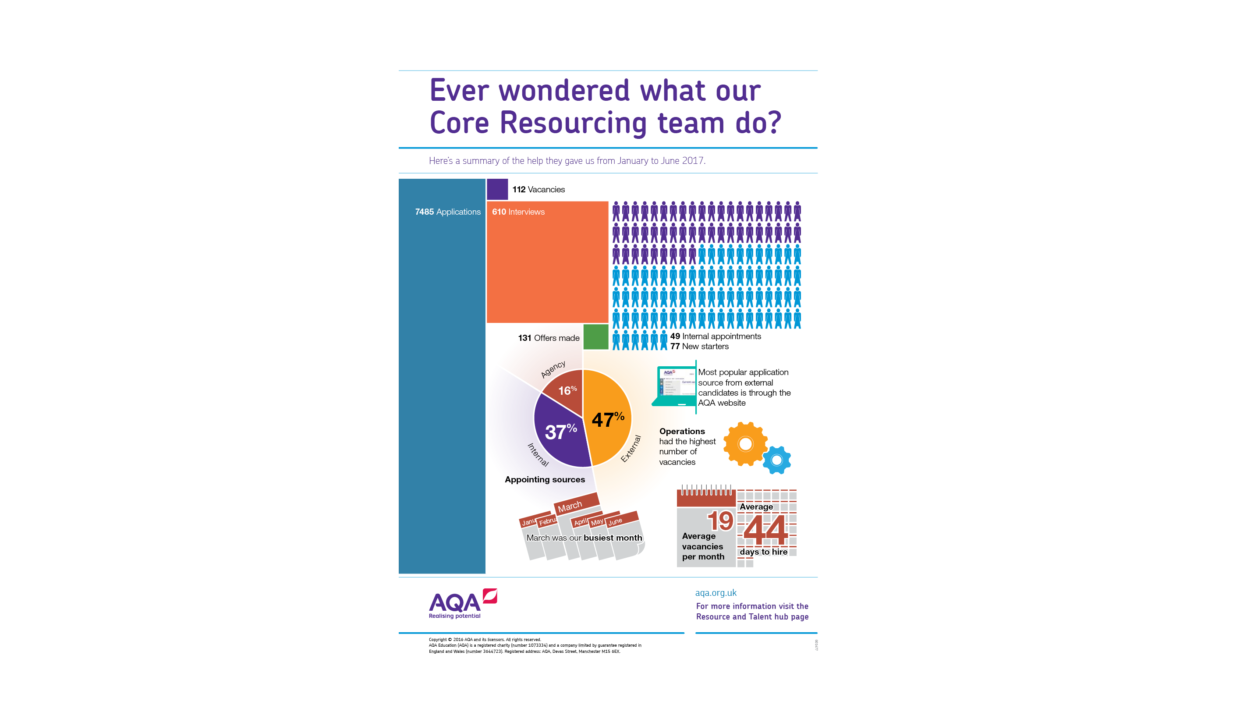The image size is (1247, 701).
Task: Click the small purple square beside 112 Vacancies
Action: tap(497, 189)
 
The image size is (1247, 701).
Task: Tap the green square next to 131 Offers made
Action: tap(595, 337)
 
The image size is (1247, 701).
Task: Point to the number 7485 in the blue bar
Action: tap(424, 212)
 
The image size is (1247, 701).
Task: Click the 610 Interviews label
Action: tap(518, 212)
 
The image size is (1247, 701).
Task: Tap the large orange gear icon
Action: tap(745, 444)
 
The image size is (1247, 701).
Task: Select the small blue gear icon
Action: tap(776, 460)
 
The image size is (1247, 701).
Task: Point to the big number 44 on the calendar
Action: tap(766, 530)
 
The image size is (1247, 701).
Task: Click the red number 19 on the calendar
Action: tap(720, 521)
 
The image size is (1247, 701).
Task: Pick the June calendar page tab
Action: tap(616, 521)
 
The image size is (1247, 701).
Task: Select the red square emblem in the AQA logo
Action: tap(490, 596)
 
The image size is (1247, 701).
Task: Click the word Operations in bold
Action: tap(682, 432)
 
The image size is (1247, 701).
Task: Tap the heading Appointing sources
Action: tap(545, 479)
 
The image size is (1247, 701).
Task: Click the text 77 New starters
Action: tap(699, 347)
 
